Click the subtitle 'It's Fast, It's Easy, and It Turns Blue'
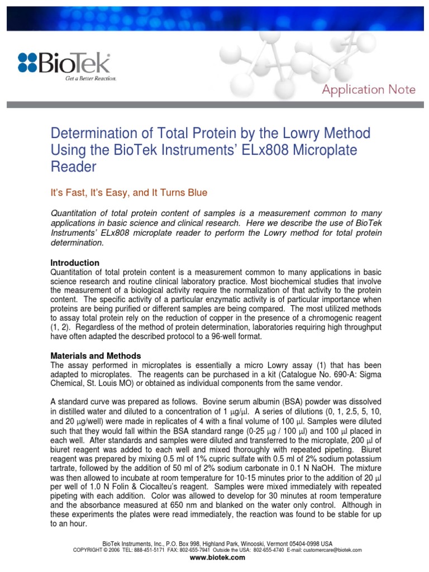click(x=129, y=193)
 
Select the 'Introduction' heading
click(x=75, y=263)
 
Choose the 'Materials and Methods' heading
click(x=96, y=356)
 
